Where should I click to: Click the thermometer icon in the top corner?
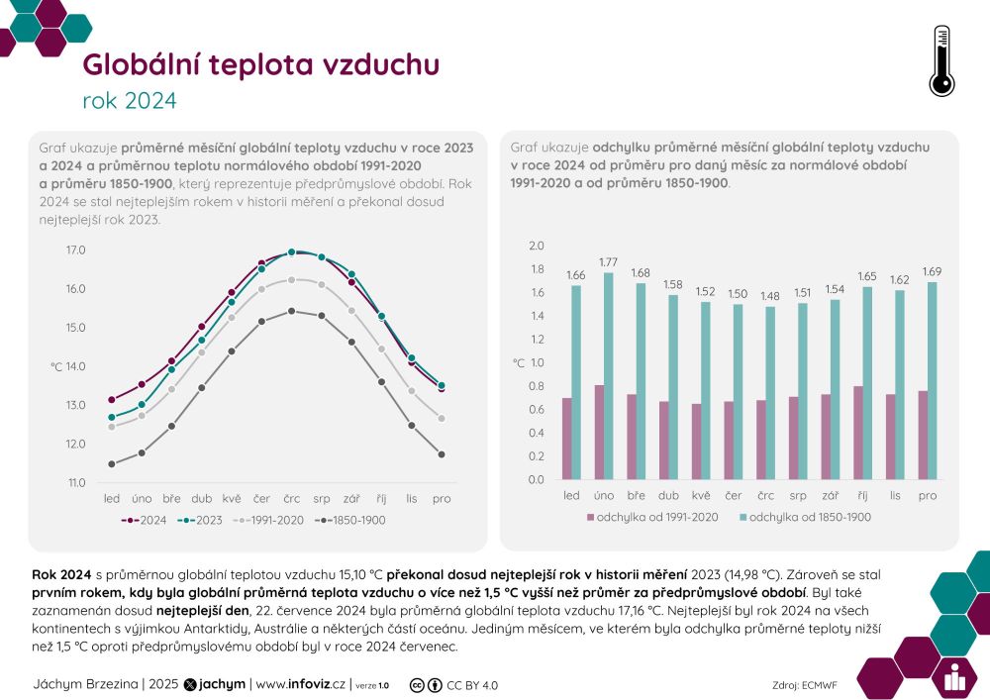(x=941, y=61)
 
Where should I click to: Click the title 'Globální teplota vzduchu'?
(x=261, y=65)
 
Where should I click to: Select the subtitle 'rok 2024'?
(x=130, y=101)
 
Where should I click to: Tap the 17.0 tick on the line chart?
(x=76, y=250)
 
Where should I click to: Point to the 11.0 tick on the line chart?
(x=76, y=483)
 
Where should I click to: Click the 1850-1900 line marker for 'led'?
(x=112, y=464)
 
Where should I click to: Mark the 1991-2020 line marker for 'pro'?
(x=442, y=419)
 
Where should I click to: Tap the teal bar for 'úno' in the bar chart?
(x=609, y=376)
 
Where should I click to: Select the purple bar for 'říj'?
(x=857, y=433)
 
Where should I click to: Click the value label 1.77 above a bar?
(x=608, y=262)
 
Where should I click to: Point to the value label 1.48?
(x=769, y=296)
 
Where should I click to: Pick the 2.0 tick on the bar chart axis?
(x=537, y=246)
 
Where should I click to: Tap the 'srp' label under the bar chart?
(x=798, y=495)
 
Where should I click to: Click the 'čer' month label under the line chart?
(x=262, y=498)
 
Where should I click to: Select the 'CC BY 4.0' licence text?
(x=472, y=684)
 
